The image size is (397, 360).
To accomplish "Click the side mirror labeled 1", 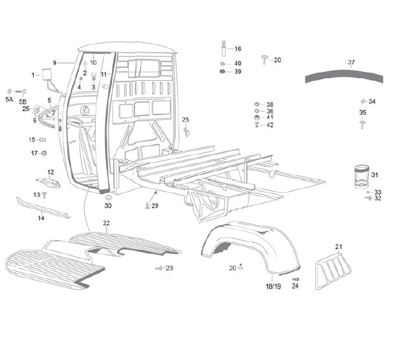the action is click(x=47, y=74).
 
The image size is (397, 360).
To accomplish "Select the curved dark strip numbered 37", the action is click(x=344, y=76).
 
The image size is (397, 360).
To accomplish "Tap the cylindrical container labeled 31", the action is click(x=361, y=177).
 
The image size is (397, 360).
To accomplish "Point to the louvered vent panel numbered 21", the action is click(x=333, y=270).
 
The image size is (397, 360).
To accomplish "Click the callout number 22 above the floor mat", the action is click(x=106, y=223).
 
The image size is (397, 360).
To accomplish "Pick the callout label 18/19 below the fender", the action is click(x=273, y=287).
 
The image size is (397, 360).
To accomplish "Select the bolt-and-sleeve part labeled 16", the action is click(x=224, y=49).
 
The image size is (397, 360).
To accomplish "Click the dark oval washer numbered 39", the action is click(x=222, y=71).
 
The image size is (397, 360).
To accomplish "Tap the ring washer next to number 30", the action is click(x=109, y=198).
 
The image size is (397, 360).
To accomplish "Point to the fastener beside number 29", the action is click(x=148, y=206).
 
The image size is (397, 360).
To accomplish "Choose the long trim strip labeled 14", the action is click(x=43, y=207).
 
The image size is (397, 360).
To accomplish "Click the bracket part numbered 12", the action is click(x=49, y=182).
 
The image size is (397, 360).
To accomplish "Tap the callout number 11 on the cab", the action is click(x=104, y=74).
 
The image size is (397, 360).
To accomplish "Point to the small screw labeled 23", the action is click(x=159, y=268).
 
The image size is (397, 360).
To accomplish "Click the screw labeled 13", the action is click(x=44, y=195).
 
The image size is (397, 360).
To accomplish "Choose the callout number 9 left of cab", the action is click(x=55, y=63).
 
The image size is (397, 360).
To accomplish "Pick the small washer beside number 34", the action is click(x=363, y=102).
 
